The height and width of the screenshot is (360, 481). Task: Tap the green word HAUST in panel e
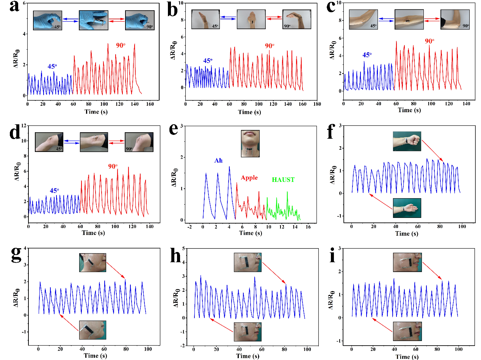pos(284,180)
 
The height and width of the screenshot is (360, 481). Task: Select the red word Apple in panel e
pos(249,177)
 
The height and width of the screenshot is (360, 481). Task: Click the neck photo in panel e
pos(250,143)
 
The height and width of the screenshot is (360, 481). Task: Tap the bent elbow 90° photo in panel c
pos(455,19)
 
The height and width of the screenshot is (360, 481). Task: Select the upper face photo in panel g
pos(92,263)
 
